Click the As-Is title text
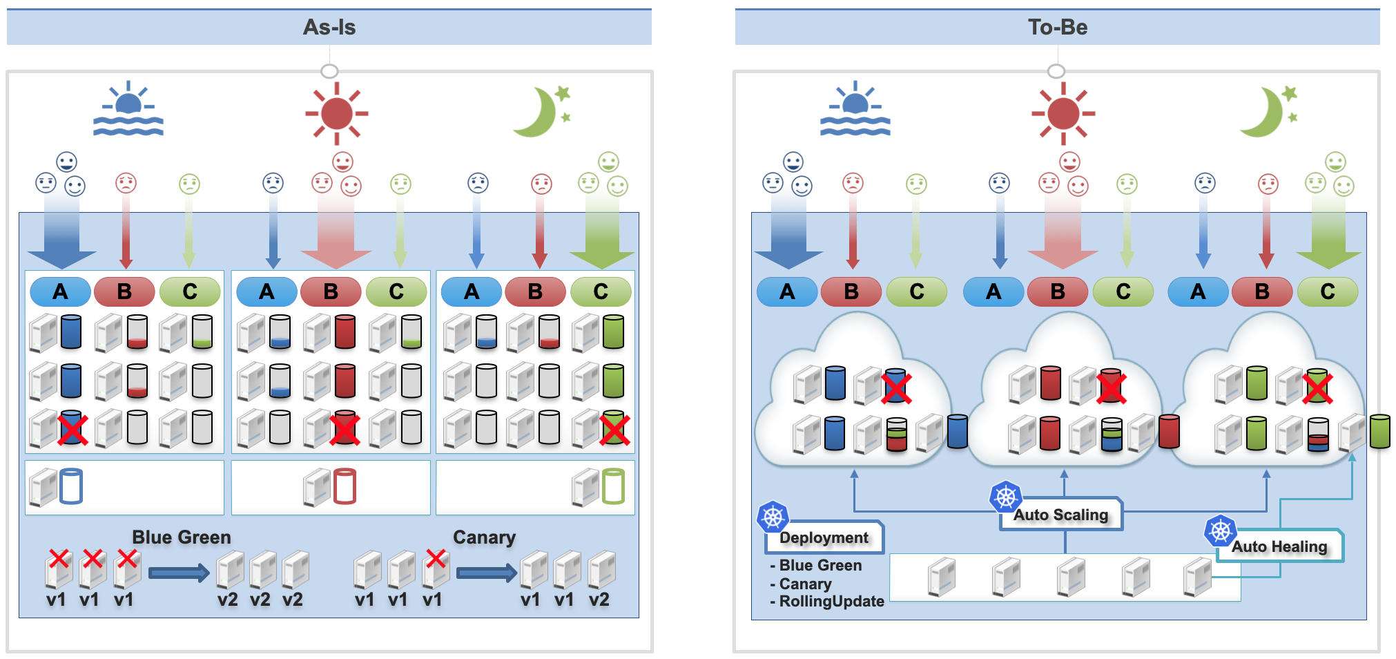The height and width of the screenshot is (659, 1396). pyautogui.click(x=329, y=28)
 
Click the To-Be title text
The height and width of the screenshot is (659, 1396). pyautogui.click(x=1057, y=28)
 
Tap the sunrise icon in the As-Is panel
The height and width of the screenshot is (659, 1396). pyautogui.click(x=128, y=110)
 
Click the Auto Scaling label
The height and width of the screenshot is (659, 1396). pyautogui.click(x=1060, y=515)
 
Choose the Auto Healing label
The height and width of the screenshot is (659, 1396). pyautogui.click(x=1279, y=547)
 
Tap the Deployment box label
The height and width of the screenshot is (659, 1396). pyautogui.click(x=824, y=538)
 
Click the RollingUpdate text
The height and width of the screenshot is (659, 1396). pyautogui.click(x=831, y=602)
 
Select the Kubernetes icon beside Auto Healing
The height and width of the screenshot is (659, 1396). pyautogui.click(x=1220, y=531)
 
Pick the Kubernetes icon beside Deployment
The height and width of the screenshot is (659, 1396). pyautogui.click(x=773, y=517)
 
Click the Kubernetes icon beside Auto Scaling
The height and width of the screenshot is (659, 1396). pyautogui.click(x=1005, y=497)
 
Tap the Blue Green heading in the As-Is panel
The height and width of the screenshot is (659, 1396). pyautogui.click(x=182, y=537)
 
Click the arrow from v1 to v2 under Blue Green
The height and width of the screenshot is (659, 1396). pyautogui.click(x=178, y=573)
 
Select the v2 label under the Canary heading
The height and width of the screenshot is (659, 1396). pyautogui.click(x=599, y=600)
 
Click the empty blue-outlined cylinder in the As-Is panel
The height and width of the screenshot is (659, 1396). pyautogui.click(x=71, y=486)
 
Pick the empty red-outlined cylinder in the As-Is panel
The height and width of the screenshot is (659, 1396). pyautogui.click(x=345, y=486)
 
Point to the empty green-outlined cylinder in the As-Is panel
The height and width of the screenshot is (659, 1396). pyautogui.click(x=613, y=486)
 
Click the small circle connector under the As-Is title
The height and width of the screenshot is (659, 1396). pyautogui.click(x=329, y=71)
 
